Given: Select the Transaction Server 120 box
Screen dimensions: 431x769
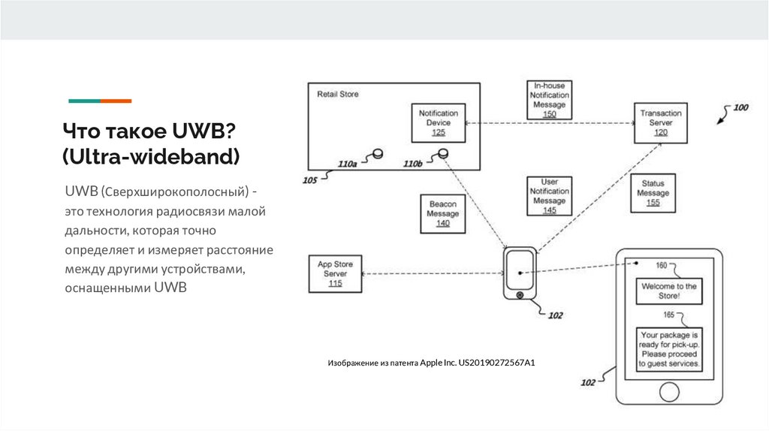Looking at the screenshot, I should point(660,122).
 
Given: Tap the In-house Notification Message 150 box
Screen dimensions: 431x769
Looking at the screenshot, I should point(549,100).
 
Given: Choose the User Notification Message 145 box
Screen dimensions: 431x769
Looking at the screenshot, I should point(549,197).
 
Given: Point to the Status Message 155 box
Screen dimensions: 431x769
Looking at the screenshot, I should point(653,194).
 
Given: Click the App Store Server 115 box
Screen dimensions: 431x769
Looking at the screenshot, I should point(335,274).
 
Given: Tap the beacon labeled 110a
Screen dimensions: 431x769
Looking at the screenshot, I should point(378,154).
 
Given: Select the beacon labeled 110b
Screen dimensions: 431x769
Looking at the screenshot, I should point(443,154).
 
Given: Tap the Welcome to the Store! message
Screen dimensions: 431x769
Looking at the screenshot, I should point(669,291).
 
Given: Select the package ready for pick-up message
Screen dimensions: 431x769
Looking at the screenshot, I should point(669,348).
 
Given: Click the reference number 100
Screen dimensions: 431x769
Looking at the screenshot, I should point(740,107).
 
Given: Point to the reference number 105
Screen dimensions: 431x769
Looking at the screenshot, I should point(309,180).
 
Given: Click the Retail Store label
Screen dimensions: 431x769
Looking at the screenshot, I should point(338,95).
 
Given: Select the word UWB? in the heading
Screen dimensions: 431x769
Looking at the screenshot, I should point(206,131).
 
